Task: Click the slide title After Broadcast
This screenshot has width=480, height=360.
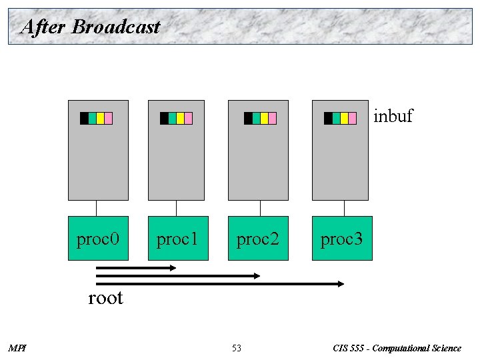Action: click(91, 27)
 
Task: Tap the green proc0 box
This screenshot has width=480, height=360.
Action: click(98, 238)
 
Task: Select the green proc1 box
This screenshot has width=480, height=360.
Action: click(178, 238)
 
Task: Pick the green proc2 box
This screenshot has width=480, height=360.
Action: click(258, 238)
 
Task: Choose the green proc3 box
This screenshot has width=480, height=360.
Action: click(342, 238)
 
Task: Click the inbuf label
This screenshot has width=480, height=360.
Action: click(393, 116)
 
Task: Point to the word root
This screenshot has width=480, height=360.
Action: click(105, 297)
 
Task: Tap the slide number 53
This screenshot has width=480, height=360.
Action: click(237, 348)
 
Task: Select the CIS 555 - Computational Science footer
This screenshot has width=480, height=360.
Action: click(396, 348)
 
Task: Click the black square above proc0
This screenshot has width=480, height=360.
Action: click(84, 119)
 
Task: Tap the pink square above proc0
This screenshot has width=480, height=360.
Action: click(109, 119)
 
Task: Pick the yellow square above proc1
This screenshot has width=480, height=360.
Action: click(181, 119)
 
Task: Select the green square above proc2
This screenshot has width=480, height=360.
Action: click(257, 119)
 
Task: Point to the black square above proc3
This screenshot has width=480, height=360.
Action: click(328, 119)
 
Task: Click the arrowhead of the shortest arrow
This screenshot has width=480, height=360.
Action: click(173, 268)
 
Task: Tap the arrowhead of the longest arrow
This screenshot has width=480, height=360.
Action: click(341, 284)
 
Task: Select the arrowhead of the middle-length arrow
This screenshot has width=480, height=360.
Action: click(257, 275)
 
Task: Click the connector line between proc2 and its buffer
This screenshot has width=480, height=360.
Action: click(258, 208)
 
